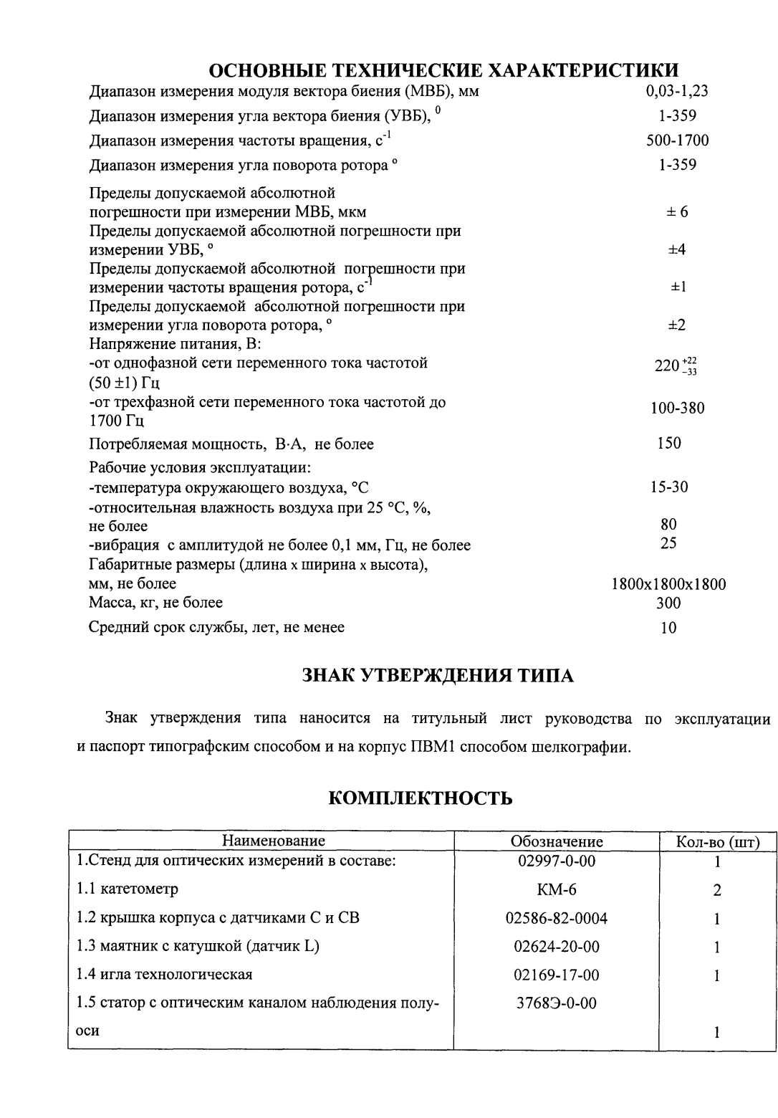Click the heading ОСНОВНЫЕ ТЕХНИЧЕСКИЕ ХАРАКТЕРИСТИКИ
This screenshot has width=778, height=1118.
[x=443, y=70]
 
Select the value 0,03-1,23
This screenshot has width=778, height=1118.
[x=677, y=91]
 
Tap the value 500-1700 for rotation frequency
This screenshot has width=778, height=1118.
[x=677, y=140]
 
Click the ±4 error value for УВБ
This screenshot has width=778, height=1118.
[x=677, y=249]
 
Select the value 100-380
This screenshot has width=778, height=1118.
[x=677, y=408]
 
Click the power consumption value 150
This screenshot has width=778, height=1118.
[x=669, y=443]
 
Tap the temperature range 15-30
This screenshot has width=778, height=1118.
[x=669, y=487]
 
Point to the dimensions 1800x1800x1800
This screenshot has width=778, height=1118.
[x=668, y=584]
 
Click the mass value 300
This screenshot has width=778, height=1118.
[x=668, y=603]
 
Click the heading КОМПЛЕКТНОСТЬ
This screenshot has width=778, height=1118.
[x=421, y=798]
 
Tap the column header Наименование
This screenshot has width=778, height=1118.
[x=274, y=841]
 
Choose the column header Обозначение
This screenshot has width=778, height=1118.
[x=557, y=841]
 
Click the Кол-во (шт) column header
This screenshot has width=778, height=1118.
[x=718, y=841]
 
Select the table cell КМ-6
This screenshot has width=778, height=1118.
[x=557, y=889]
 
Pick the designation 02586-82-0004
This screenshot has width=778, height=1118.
[x=557, y=918]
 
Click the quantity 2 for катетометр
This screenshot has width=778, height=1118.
[x=717, y=891]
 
